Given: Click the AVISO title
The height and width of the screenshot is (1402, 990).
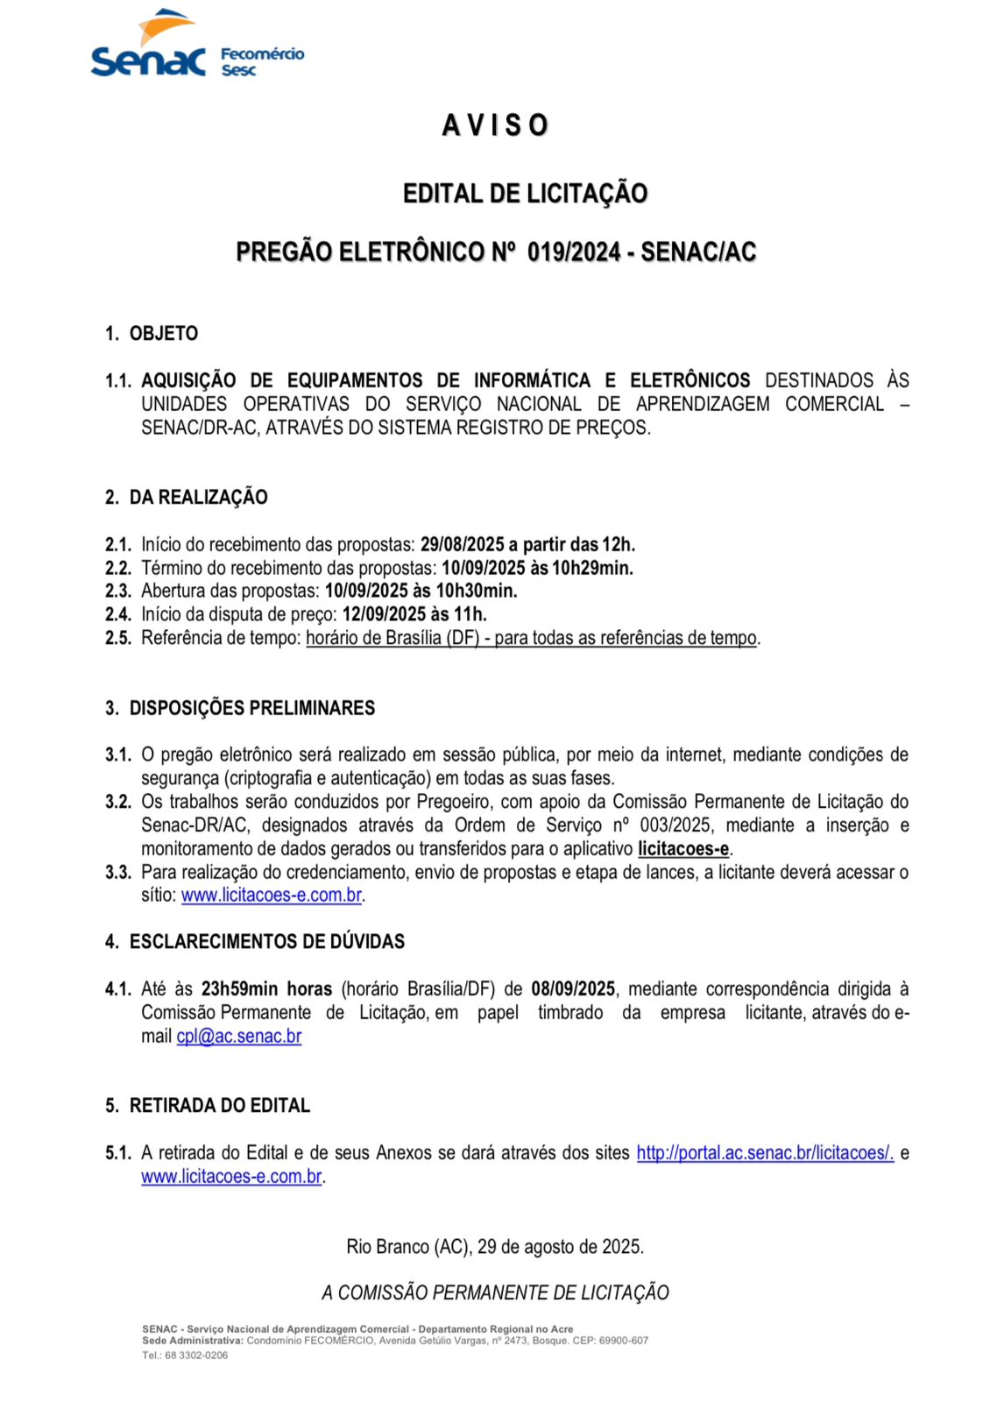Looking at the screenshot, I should point(495,125).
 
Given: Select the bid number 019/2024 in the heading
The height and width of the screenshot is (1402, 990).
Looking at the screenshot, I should point(574,252).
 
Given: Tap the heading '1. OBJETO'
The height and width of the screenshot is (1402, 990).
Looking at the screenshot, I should point(152,334).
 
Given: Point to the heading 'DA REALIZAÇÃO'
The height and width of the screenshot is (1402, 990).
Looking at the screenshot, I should point(198,498).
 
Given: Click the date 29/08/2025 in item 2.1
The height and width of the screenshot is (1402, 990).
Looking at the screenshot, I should point(462,545).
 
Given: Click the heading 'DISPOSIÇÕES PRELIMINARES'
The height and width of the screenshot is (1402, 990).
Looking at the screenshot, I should point(251,708).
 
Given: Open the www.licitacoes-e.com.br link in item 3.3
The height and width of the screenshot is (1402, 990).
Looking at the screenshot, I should point(272,896).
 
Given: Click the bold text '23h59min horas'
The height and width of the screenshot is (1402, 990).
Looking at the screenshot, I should point(266,989).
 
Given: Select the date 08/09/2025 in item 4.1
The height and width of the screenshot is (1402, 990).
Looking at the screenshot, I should point(573,989).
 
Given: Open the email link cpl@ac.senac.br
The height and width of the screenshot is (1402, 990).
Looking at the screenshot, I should point(239,1037).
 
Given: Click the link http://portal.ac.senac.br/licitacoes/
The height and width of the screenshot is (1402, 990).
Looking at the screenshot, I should point(765,1153).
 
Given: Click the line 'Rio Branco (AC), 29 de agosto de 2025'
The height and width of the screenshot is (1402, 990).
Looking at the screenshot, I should point(495,1247).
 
